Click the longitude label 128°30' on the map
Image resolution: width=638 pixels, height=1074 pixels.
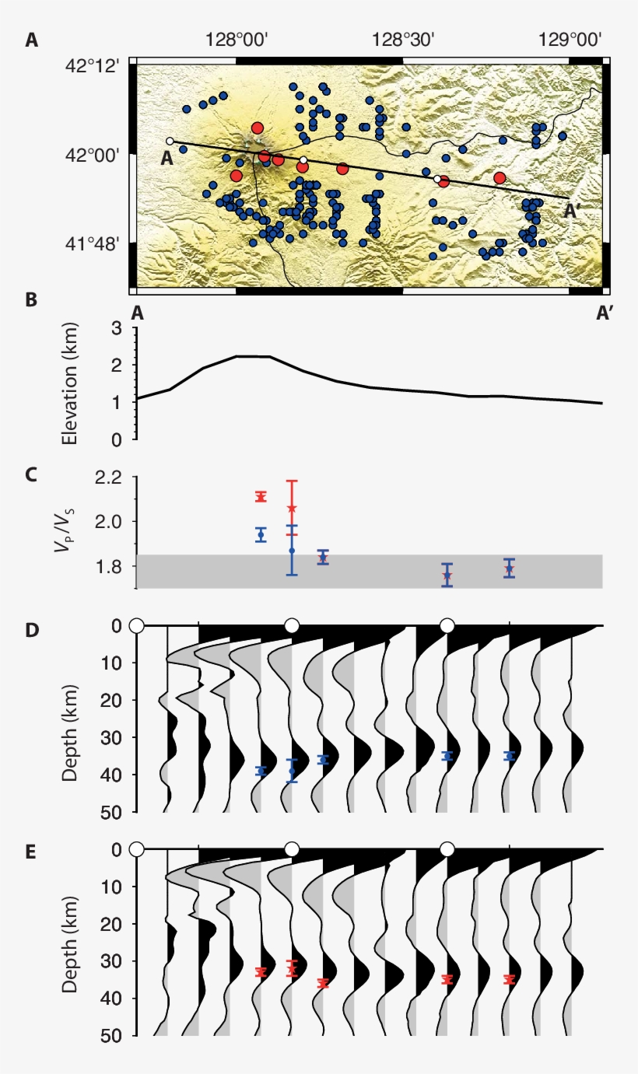[402, 40]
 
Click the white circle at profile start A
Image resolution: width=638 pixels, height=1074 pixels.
[170, 142]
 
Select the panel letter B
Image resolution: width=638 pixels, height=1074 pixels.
[31, 299]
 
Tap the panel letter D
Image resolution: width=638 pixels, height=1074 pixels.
[31, 630]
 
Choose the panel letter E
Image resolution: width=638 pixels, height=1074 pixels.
[31, 852]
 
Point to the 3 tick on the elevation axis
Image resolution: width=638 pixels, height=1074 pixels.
[117, 329]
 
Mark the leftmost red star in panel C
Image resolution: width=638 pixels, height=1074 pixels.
[261, 497]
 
